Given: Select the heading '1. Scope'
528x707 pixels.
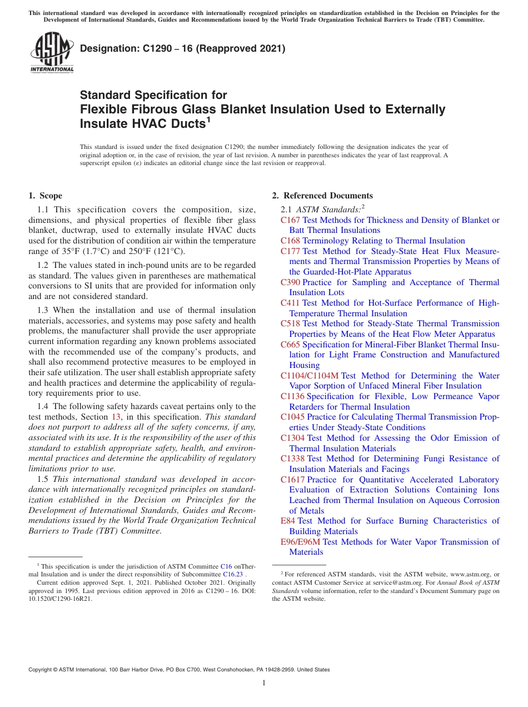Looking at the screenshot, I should point(45,196).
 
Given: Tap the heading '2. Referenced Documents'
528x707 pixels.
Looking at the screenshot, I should point(322,196).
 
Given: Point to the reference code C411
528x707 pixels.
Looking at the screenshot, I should point(290,303).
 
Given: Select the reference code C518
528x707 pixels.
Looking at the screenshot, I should point(290,323).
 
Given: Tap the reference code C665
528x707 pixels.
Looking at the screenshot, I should point(290,345).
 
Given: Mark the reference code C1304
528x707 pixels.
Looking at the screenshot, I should point(292,438).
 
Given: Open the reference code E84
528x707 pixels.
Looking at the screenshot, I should point(288,521).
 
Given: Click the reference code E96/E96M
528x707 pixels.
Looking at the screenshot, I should point(300,542).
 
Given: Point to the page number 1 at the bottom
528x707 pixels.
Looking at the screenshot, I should point(263,683).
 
